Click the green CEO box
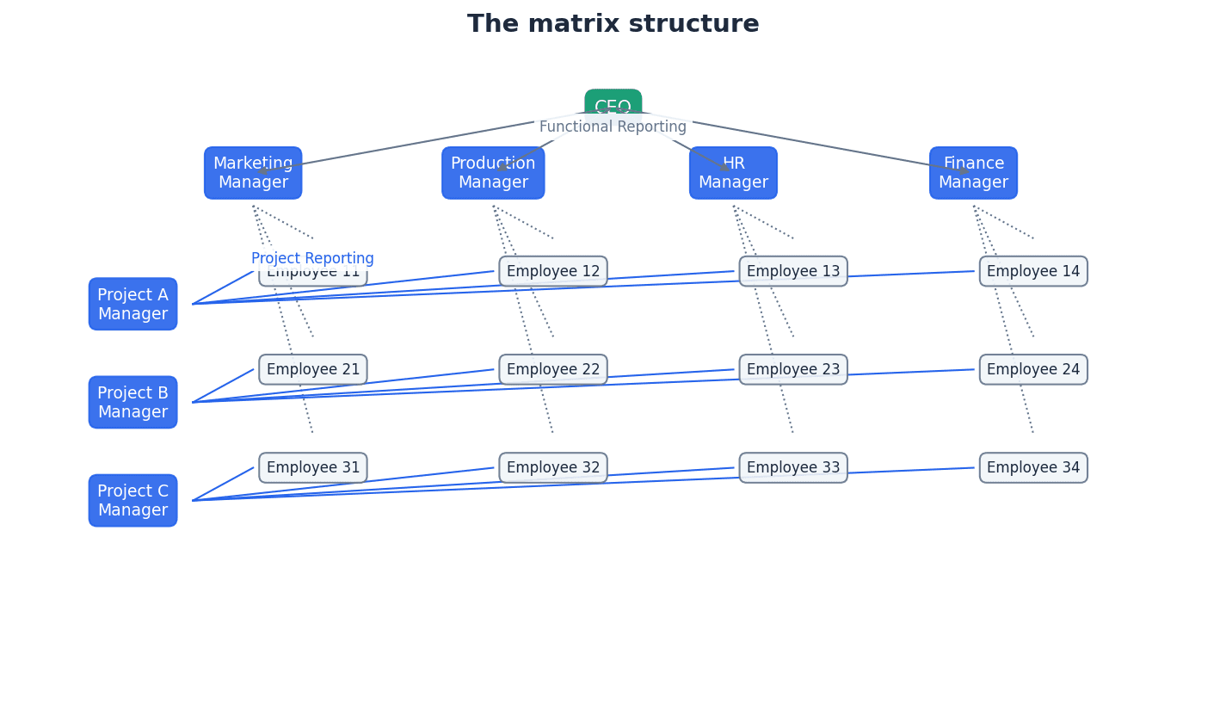point(613,102)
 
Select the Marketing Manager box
point(253,173)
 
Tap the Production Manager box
point(493,173)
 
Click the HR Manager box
point(733,173)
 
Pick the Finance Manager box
point(973,173)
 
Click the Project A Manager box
point(132,304)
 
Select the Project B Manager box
point(132,402)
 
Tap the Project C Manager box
point(132,501)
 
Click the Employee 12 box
point(553,271)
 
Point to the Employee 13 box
point(793,271)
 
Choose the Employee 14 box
point(1033,271)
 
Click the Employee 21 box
point(313,369)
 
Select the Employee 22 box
point(553,369)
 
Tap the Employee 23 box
point(793,369)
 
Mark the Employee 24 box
point(1033,369)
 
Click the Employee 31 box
point(313,468)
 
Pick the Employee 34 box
point(1033,468)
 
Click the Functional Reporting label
point(613,127)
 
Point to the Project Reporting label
point(312,258)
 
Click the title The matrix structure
point(613,24)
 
